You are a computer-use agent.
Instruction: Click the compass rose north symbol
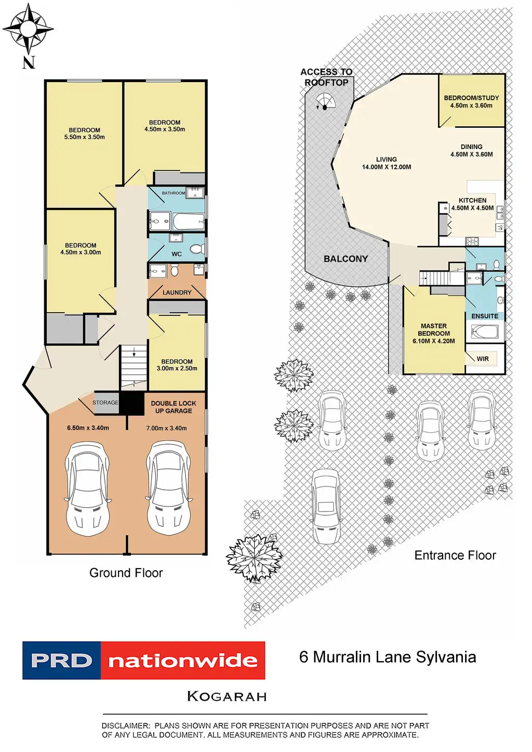tap(28, 29)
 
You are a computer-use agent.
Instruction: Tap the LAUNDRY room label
tap(177, 292)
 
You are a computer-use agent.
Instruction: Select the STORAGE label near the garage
tap(105, 402)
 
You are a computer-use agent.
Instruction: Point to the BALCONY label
tap(345, 259)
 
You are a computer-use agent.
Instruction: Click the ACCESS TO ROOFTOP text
tap(326, 77)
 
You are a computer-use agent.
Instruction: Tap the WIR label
tap(483, 359)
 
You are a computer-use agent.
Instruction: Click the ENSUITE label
tap(485, 316)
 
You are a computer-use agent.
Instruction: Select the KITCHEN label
tap(472, 200)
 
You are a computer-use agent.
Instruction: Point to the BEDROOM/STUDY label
tap(471, 98)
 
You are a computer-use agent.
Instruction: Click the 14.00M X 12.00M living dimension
tap(387, 167)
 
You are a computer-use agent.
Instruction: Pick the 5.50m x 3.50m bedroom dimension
tap(85, 137)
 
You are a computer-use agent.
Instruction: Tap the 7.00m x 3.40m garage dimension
tap(166, 428)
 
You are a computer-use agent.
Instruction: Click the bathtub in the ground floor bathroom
tap(188, 222)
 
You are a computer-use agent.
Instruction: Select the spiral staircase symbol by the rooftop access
tap(325, 101)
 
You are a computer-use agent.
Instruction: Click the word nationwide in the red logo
tap(183, 661)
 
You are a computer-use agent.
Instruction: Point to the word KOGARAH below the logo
tap(227, 696)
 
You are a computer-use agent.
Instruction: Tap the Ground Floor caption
tap(126, 573)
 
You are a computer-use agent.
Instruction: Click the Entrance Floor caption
tap(455, 555)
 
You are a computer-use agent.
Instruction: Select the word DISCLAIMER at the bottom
tap(125, 726)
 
